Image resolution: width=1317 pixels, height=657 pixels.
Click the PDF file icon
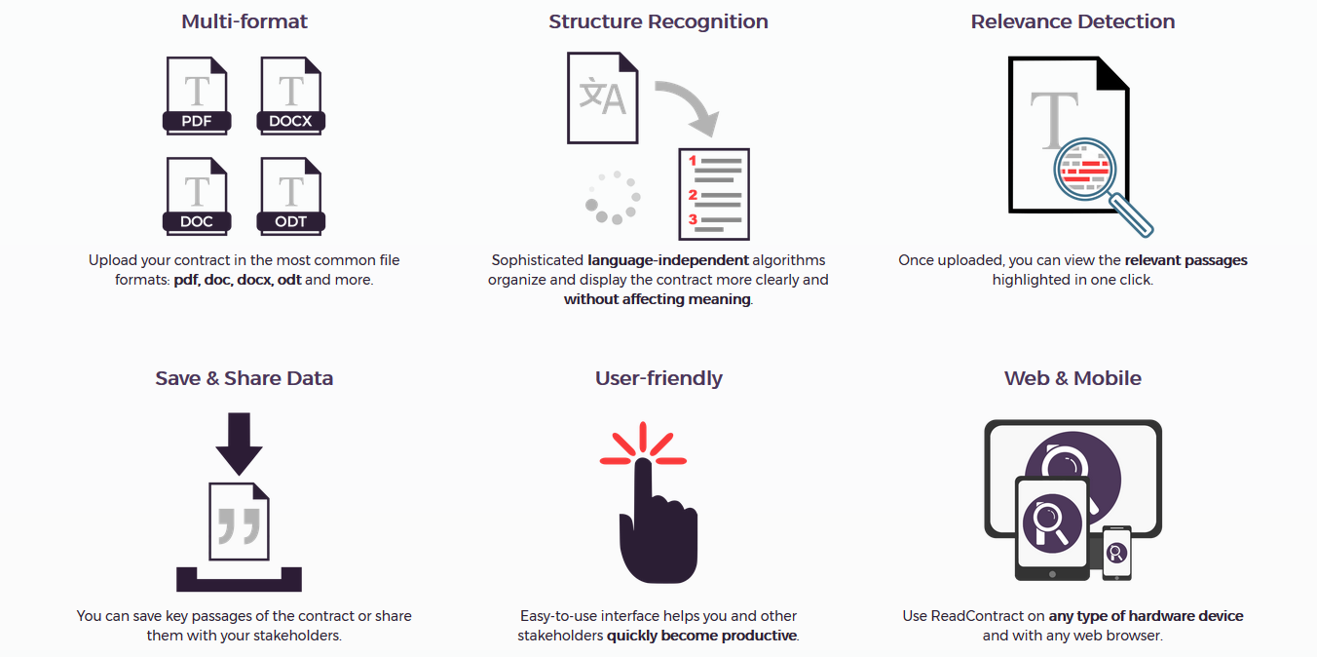[x=197, y=96]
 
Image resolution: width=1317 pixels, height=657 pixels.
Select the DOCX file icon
[x=290, y=96]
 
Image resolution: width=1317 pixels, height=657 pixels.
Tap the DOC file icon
[x=197, y=197]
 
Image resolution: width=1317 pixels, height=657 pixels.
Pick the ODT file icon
[x=290, y=197]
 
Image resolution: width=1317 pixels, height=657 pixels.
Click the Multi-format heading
[x=244, y=21]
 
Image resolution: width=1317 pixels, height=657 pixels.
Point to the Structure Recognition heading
[x=658, y=21]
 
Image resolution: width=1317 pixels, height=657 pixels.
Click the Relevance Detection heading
[x=1072, y=21]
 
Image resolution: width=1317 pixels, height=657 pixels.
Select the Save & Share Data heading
[x=244, y=378]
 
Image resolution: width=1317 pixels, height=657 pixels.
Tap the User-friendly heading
[x=658, y=378]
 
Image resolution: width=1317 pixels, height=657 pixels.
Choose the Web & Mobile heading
[x=1072, y=378]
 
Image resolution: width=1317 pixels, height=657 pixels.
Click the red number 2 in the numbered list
[x=693, y=195]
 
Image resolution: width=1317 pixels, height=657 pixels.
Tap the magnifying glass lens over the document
[x=1084, y=170]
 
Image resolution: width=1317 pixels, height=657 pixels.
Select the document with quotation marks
[x=239, y=522]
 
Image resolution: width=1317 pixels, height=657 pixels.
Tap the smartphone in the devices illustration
[x=1116, y=553]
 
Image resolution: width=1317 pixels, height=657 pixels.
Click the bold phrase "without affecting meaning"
[x=658, y=299]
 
